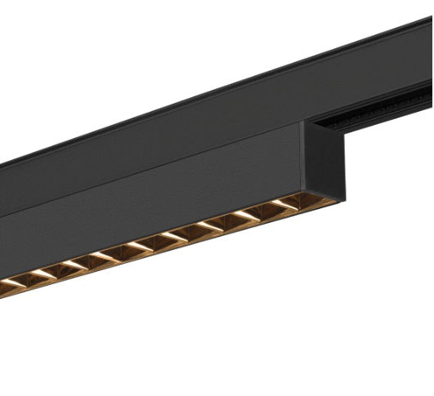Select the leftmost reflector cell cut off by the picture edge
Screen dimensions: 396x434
coord(10,286)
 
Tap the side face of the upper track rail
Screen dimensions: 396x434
coord(204,122)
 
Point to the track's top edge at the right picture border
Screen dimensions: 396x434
coord(431,20)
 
